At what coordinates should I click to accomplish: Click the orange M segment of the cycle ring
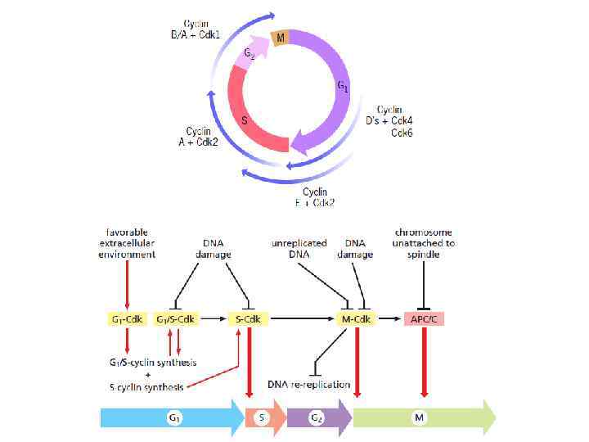tap(281, 38)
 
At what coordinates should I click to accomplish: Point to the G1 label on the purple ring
tap(344, 86)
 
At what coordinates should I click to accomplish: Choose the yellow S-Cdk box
tap(245, 319)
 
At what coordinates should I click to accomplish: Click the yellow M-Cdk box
tap(354, 319)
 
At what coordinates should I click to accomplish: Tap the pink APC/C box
tap(424, 319)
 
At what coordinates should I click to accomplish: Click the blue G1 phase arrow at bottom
tap(172, 418)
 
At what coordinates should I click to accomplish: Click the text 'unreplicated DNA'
tap(299, 248)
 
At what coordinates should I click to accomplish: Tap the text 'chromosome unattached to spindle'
tap(424, 243)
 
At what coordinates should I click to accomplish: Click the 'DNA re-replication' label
tap(309, 384)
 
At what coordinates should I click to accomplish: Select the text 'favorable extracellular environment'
tap(126, 243)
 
